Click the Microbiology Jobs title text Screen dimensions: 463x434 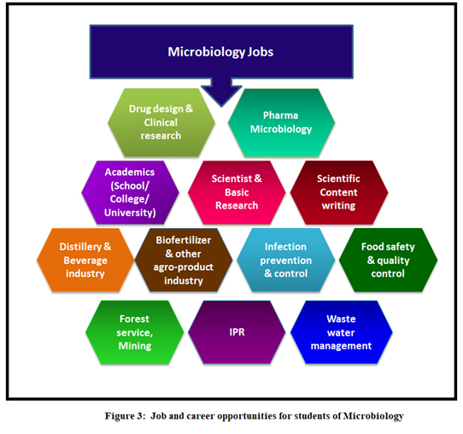(x=220, y=52)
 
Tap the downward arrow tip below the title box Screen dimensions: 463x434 (x=221, y=106)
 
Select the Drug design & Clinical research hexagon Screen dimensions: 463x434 (x=161, y=122)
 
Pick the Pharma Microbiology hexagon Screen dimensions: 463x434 (x=281, y=122)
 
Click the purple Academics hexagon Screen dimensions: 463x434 (x=130, y=192)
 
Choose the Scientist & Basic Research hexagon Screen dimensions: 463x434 (x=237, y=192)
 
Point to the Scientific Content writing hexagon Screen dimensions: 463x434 (x=339, y=192)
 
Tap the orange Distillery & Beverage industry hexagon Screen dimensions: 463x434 (x=85, y=260)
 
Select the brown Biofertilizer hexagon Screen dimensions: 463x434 (x=184, y=260)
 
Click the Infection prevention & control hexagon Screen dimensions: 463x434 (x=286, y=260)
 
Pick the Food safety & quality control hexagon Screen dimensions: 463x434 (x=389, y=260)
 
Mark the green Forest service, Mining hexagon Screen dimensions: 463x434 (x=135, y=332)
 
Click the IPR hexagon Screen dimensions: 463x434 (x=237, y=332)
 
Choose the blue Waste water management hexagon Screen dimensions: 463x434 (x=342, y=332)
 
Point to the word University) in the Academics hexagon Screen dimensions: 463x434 (x=130, y=213)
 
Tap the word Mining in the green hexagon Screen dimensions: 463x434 (x=135, y=346)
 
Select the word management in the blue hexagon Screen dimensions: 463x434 (x=342, y=346)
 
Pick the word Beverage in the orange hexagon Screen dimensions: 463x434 (x=85, y=261)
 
